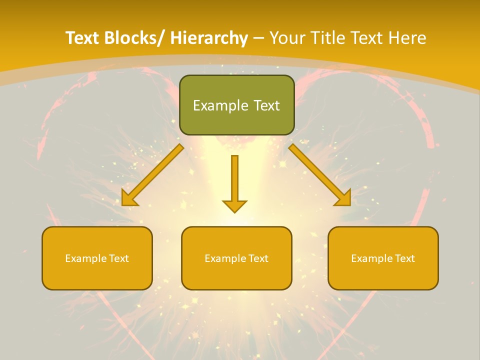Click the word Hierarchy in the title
[x=209, y=38]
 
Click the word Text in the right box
[x=404, y=258]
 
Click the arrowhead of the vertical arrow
[x=234, y=205]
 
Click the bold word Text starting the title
[x=82, y=38]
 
